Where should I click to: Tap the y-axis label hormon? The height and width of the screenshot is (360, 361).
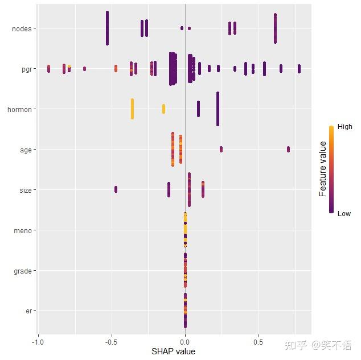click(x=19, y=109)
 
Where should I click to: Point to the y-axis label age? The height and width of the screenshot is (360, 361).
click(x=26, y=150)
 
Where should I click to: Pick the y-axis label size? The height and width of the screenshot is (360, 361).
click(x=25, y=190)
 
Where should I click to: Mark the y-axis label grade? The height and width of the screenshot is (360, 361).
click(x=22, y=271)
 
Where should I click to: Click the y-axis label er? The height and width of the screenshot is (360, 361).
click(x=28, y=311)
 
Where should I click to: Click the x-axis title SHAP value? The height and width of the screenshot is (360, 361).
click(x=173, y=351)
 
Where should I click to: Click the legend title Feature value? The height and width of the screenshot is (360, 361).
click(x=323, y=169)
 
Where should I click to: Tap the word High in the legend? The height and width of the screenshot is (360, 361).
click(x=344, y=127)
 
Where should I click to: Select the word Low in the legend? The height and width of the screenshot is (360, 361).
click(x=344, y=214)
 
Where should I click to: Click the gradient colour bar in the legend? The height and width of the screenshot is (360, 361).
click(x=331, y=169)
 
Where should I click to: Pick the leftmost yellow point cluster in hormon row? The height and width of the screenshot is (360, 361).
click(x=132, y=109)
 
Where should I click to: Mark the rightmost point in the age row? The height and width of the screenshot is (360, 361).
click(x=289, y=149)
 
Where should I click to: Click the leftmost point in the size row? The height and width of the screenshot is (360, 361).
click(x=116, y=189)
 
